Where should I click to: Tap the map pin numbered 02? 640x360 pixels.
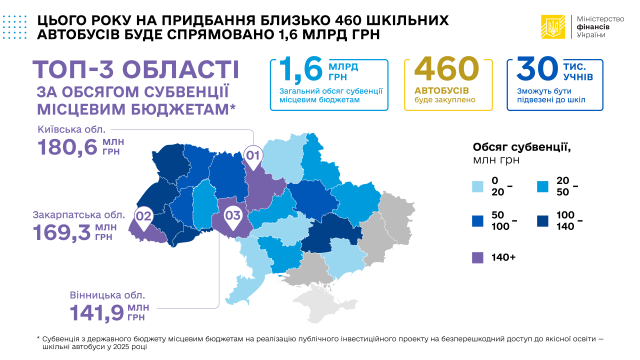144,215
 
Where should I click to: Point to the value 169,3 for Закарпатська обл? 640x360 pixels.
60,234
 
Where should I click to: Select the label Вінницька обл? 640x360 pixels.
108,294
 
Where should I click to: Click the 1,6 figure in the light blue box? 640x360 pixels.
299,72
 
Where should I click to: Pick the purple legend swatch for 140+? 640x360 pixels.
477,256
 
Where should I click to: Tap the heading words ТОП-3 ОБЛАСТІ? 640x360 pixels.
135,72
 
